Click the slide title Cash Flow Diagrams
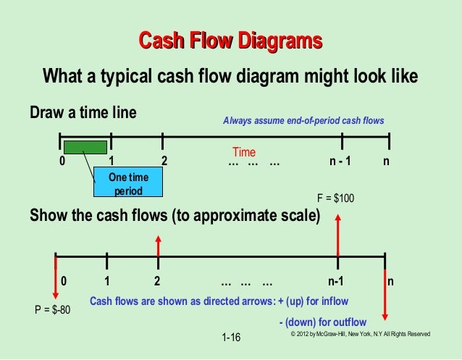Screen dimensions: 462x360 [x=230, y=41]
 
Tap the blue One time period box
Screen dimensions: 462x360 [x=129, y=184]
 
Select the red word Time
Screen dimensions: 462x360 [x=244, y=152]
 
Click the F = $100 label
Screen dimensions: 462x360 [x=336, y=197]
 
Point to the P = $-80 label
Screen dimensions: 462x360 [x=53, y=311]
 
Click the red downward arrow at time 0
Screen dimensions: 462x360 [x=56, y=275]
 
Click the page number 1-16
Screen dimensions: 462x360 [x=232, y=338]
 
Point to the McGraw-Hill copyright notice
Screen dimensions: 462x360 [x=360, y=334]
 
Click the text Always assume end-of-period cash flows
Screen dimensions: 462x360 [x=303, y=120]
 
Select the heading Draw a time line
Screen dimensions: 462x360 [x=83, y=114]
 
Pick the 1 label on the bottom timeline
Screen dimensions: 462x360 [x=106, y=281]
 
